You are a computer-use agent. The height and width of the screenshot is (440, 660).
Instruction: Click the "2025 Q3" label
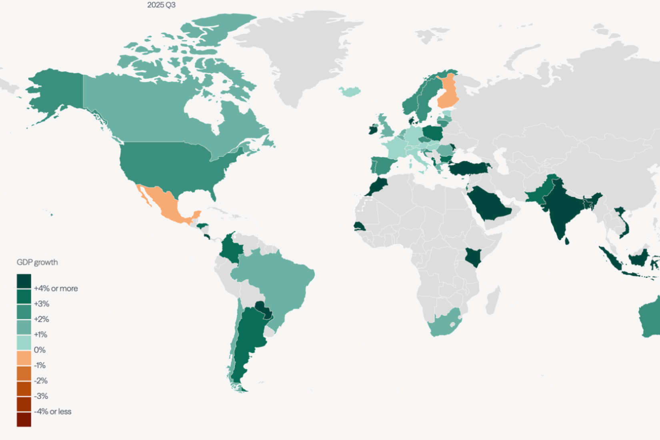[161, 5]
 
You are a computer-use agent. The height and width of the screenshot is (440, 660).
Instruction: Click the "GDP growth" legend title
[37, 262]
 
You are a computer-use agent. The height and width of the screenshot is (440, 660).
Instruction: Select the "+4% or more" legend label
[56, 288]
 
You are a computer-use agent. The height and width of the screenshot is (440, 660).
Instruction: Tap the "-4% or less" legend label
[52, 412]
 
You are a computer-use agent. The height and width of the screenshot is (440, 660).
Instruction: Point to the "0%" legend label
[40, 350]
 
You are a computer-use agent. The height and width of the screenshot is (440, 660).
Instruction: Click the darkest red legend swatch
[24, 420]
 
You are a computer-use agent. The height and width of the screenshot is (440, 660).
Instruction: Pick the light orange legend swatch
[24, 358]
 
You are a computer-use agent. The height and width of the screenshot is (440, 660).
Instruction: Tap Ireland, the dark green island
[372, 129]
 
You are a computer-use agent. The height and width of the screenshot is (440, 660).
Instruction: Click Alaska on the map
[56, 92]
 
